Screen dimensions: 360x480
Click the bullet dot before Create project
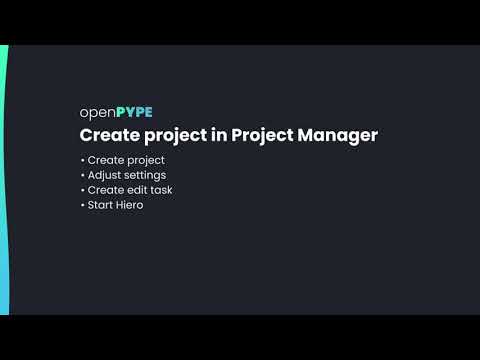[82, 160]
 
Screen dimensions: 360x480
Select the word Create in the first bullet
[105, 160]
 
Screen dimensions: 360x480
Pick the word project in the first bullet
[145, 161]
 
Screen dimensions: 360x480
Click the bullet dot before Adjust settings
[82, 175]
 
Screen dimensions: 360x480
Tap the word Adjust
[105, 175]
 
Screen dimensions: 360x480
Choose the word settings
[146, 176]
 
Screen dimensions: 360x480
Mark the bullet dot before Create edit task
[82, 190]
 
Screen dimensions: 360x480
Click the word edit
[137, 190]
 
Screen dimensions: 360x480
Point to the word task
[162, 190]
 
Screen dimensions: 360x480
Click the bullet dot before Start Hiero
[82, 205]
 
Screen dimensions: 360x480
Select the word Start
[101, 205]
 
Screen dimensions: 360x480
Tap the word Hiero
[130, 205]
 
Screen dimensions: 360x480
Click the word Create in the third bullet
[105, 190]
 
